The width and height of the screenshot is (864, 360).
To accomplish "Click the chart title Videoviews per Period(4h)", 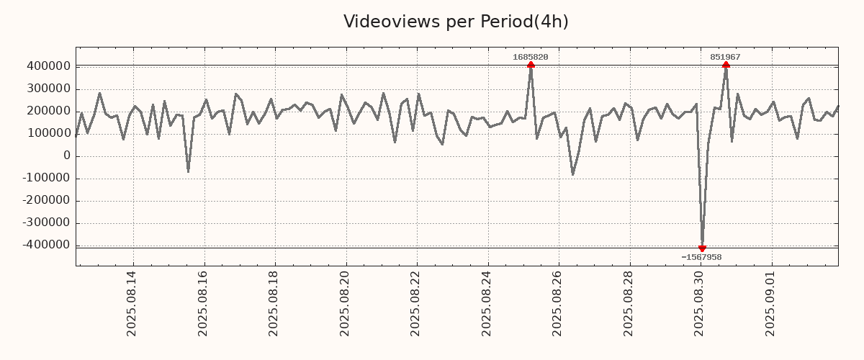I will (x=456, y=22).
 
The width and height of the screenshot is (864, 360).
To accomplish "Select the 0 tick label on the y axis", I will (x=67, y=156).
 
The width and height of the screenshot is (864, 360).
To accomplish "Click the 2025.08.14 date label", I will (x=131, y=303).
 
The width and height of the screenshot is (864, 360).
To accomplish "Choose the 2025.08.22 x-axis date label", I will (x=415, y=303).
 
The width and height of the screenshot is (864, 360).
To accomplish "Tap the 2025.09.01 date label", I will (x=770, y=303).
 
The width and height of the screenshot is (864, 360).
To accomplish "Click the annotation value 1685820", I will (x=531, y=57).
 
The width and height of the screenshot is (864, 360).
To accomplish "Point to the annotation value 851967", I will (x=725, y=57).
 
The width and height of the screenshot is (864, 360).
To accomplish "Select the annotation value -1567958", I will (x=701, y=257).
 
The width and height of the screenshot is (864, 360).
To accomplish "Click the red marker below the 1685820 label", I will (x=531, y=65).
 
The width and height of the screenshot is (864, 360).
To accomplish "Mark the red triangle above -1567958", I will (x=702, y=248).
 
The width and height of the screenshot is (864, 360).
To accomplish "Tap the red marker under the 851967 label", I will (x=726, y=65).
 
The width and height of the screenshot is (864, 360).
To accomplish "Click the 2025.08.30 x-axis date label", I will (x=699, y=303).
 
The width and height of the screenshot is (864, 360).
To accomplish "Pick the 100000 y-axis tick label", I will (x=48, y=133).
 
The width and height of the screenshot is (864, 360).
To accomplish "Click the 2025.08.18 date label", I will (x=274, y=303).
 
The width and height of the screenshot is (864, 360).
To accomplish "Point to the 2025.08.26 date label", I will (x=557, y=303).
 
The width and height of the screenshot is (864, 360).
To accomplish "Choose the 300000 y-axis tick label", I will (x=48, y=89).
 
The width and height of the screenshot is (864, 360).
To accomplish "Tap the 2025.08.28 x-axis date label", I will (x=629, y=303).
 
